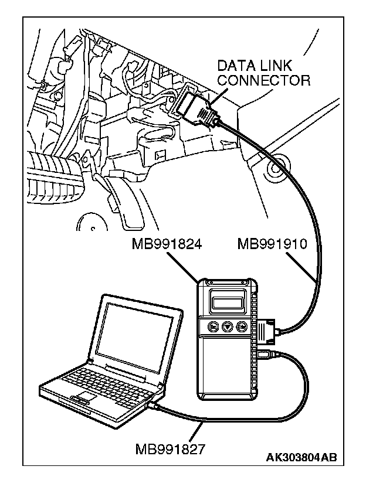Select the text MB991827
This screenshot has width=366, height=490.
coord(171,449)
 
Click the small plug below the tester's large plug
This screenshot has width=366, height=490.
coord(263,353)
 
